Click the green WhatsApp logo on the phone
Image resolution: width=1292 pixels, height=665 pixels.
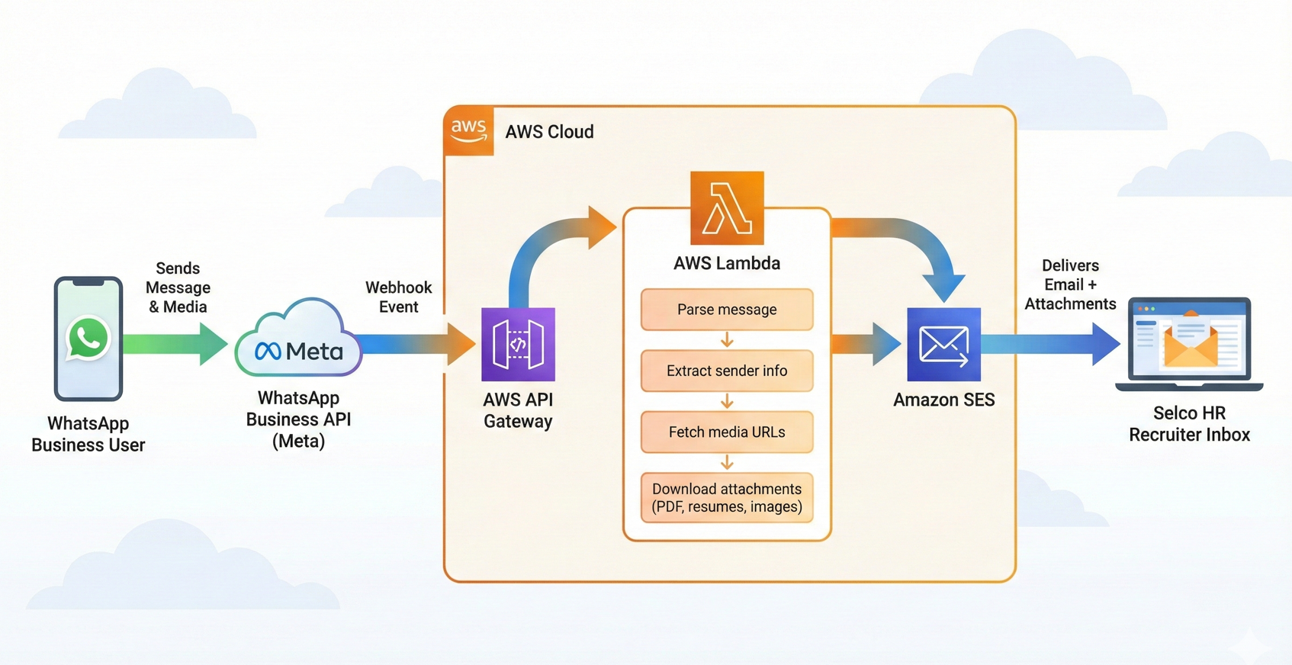88,338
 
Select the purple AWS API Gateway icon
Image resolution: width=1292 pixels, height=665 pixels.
518,345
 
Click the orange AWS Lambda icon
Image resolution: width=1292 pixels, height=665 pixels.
727,207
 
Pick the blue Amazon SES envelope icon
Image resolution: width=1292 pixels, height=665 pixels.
943,345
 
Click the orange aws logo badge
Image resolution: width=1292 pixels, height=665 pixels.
468,131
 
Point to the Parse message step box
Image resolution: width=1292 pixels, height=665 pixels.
727,310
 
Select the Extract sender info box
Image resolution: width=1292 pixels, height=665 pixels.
727,371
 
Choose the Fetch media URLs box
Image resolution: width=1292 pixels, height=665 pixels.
727,432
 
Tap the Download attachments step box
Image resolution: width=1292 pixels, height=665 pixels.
727,498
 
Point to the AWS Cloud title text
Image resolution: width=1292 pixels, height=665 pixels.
549,132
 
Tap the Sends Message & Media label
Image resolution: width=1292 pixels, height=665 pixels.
178,288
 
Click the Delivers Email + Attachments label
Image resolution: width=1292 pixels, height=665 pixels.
1070,284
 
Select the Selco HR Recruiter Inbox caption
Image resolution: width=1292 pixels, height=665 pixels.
1189,424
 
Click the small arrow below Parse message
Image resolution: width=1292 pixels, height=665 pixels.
727,340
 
